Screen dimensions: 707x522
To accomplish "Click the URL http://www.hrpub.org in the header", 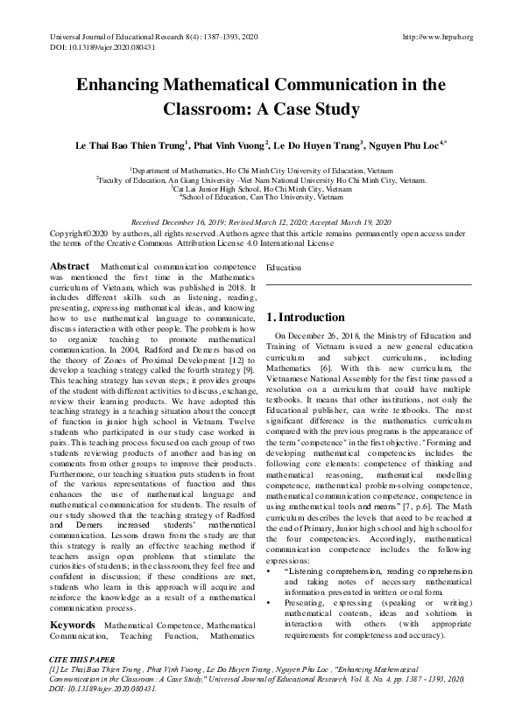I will tap(436, 37).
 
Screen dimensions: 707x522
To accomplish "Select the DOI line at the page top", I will tap(95, 47).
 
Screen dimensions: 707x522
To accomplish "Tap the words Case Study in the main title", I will tap(302, 110).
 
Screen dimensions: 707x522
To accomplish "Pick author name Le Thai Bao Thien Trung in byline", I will tap(127, 145).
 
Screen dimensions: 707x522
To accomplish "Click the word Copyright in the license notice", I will tap(69, 234).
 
